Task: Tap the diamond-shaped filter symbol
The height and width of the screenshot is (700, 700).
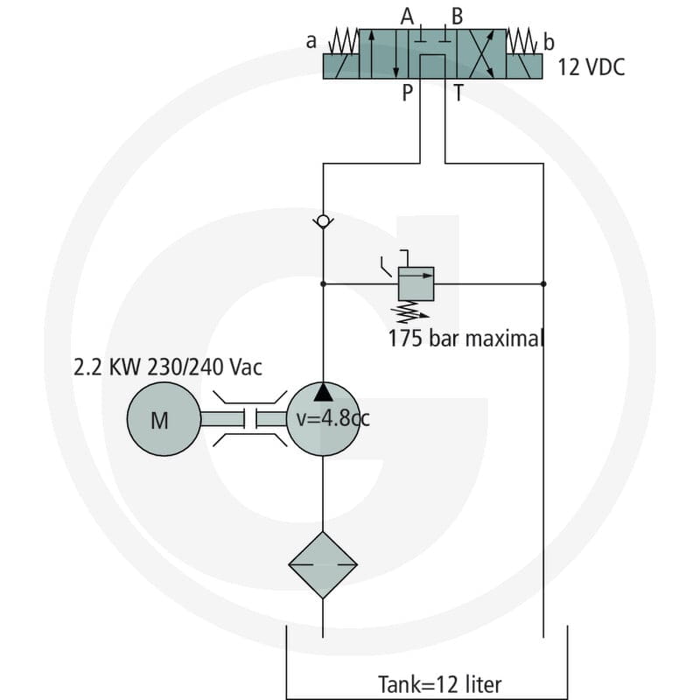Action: click(323, 564)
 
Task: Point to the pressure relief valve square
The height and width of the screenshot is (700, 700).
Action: click(416, 283)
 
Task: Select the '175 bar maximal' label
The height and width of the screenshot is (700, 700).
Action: click(465, 339)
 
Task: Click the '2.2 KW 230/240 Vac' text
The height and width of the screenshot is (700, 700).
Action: click(167, 367)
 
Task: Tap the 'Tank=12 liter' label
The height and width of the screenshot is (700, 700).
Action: click(440, 683)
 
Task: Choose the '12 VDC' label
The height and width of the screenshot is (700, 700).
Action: click(591, 67)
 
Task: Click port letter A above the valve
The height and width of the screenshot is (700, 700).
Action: click(407, 17)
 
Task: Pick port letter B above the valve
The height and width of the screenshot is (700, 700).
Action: click(457, 17)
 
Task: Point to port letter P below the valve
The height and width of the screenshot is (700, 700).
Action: click(407, 93)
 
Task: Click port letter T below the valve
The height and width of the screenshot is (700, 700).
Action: click(458, 93)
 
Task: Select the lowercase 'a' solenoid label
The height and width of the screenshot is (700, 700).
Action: click(311, 41)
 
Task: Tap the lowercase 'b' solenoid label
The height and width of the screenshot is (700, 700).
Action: click(549, 42)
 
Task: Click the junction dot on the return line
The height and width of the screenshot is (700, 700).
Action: click(543, 283)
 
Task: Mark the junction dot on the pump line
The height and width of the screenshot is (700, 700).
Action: click(323, 283)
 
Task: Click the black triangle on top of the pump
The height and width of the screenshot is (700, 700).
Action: click(323, 391)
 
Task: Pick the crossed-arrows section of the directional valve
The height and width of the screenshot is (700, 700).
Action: click(481, 54)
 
